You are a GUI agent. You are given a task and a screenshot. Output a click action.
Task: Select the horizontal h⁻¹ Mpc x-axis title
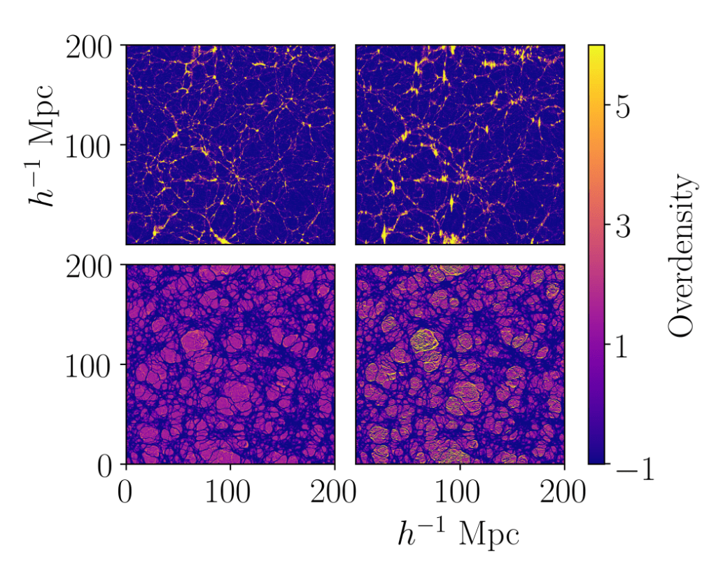point(458,533)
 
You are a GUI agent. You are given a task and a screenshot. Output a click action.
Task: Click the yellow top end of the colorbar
point(596,49)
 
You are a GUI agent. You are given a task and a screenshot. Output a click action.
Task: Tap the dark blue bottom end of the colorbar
point(596,460)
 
